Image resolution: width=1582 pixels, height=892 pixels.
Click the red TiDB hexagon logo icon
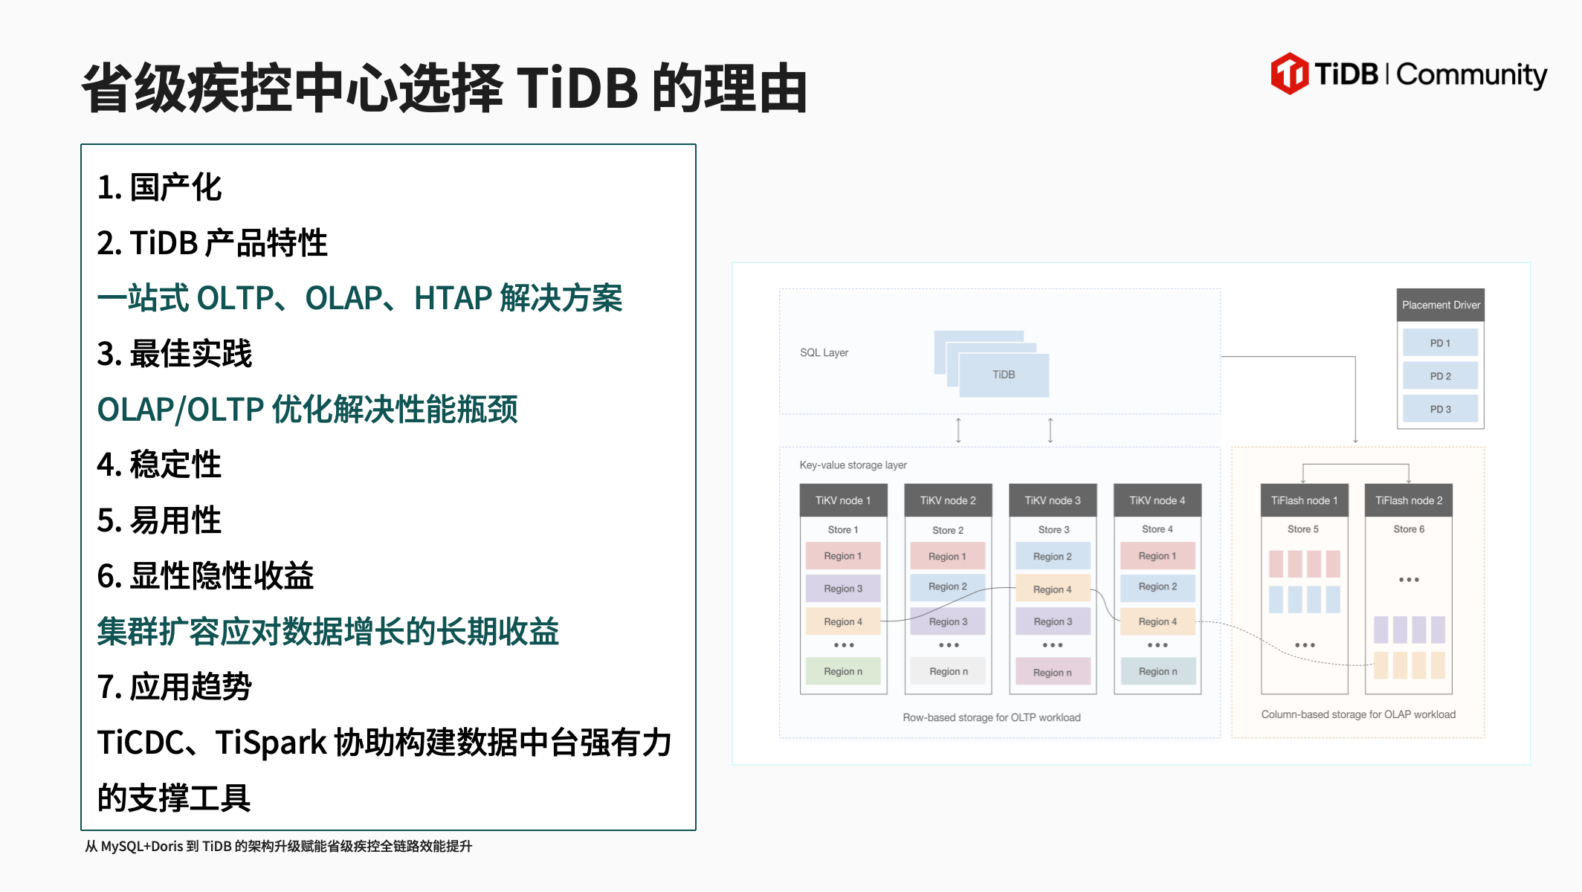tap(1290, 74)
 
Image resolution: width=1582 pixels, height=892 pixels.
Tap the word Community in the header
tap(1472, 75)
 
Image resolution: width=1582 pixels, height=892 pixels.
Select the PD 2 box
tap(1440, 376)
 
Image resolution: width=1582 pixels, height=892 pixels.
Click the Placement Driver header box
tap(1441, 305)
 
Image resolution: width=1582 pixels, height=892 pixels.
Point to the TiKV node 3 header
tap(1053, 500)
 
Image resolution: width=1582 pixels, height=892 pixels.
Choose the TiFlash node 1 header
tap(1304, 500)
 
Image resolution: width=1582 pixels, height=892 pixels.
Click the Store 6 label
tap(1409, 529)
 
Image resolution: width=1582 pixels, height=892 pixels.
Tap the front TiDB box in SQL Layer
tap(1004, 375)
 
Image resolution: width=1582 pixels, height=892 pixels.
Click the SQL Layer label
tap(824, 352)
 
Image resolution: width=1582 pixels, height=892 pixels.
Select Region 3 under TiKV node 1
tap(843, 589)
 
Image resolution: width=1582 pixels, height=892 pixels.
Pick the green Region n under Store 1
tap(843, 671)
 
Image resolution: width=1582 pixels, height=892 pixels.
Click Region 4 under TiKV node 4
tap(1158, 621)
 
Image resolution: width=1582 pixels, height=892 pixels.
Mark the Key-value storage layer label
tap(853, 465)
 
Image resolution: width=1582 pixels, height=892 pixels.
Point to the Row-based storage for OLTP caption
tap(992, 717)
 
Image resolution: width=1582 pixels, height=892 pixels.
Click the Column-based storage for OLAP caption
tap(1358, 714)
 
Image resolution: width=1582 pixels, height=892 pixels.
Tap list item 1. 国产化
tap(159, 187)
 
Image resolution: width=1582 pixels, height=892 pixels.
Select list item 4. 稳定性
tap(159, 465)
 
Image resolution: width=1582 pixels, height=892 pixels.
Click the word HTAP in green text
tap(453, 298)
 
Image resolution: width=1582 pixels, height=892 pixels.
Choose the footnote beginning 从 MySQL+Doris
tap(278, 846)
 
